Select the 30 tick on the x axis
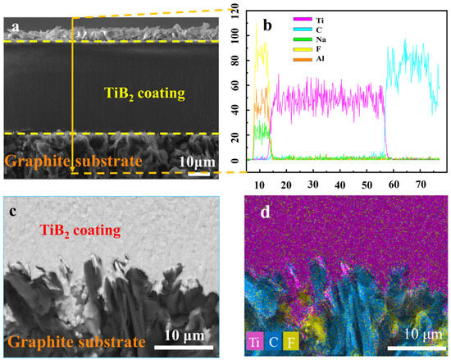pyautogui.click(x=312, y=184)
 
